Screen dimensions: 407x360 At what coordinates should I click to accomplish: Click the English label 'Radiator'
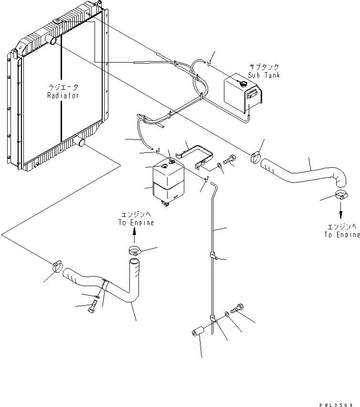(63, 96)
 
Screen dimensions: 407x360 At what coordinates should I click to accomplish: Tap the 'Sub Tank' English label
(264, 75)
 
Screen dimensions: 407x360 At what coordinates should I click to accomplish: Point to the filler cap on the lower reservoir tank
(164, 166)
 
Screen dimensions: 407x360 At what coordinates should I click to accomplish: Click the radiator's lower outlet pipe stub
(78, 142)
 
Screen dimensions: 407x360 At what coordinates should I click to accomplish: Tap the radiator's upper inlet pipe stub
(52, 41)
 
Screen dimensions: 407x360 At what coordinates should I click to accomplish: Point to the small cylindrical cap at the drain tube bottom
(197, 332)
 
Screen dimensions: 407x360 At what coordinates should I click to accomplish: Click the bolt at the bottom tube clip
(236, 308)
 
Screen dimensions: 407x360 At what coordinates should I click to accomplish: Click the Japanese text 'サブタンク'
(264, 67)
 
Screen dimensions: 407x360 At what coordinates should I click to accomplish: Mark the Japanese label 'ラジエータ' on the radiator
(63, 87)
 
